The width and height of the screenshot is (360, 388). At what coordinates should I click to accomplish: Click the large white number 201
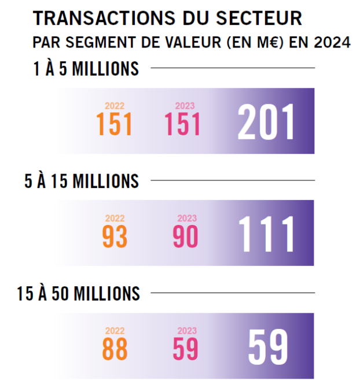(267, 122)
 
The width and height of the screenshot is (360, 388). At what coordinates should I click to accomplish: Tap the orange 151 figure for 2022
(114, 124)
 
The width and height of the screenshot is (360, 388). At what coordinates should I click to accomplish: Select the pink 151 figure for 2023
(183, 124)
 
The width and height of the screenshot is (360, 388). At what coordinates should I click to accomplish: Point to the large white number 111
(267, 235)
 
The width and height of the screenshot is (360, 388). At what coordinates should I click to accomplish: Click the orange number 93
(115, 237)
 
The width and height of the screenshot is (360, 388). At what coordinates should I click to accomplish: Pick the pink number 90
(186, 237)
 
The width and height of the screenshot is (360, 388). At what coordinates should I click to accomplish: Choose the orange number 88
(115, 349)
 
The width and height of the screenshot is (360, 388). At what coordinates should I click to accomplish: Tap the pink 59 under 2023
(186, 349)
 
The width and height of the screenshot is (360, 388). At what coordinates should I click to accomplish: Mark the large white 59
(268, 347)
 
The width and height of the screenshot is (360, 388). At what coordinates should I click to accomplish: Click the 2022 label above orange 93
(115, 219)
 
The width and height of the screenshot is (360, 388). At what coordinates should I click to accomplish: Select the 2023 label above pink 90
(186, 219)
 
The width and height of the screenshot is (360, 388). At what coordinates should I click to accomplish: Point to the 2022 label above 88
(115, 331)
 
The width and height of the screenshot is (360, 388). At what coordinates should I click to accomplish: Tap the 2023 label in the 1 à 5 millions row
(185, 106)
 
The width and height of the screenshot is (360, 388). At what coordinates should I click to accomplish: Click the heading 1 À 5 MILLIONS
(86, 69)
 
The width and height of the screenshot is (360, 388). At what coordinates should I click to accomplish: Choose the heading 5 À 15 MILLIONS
(82, 181)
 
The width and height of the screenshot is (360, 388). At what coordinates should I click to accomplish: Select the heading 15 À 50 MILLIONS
(78, 293)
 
